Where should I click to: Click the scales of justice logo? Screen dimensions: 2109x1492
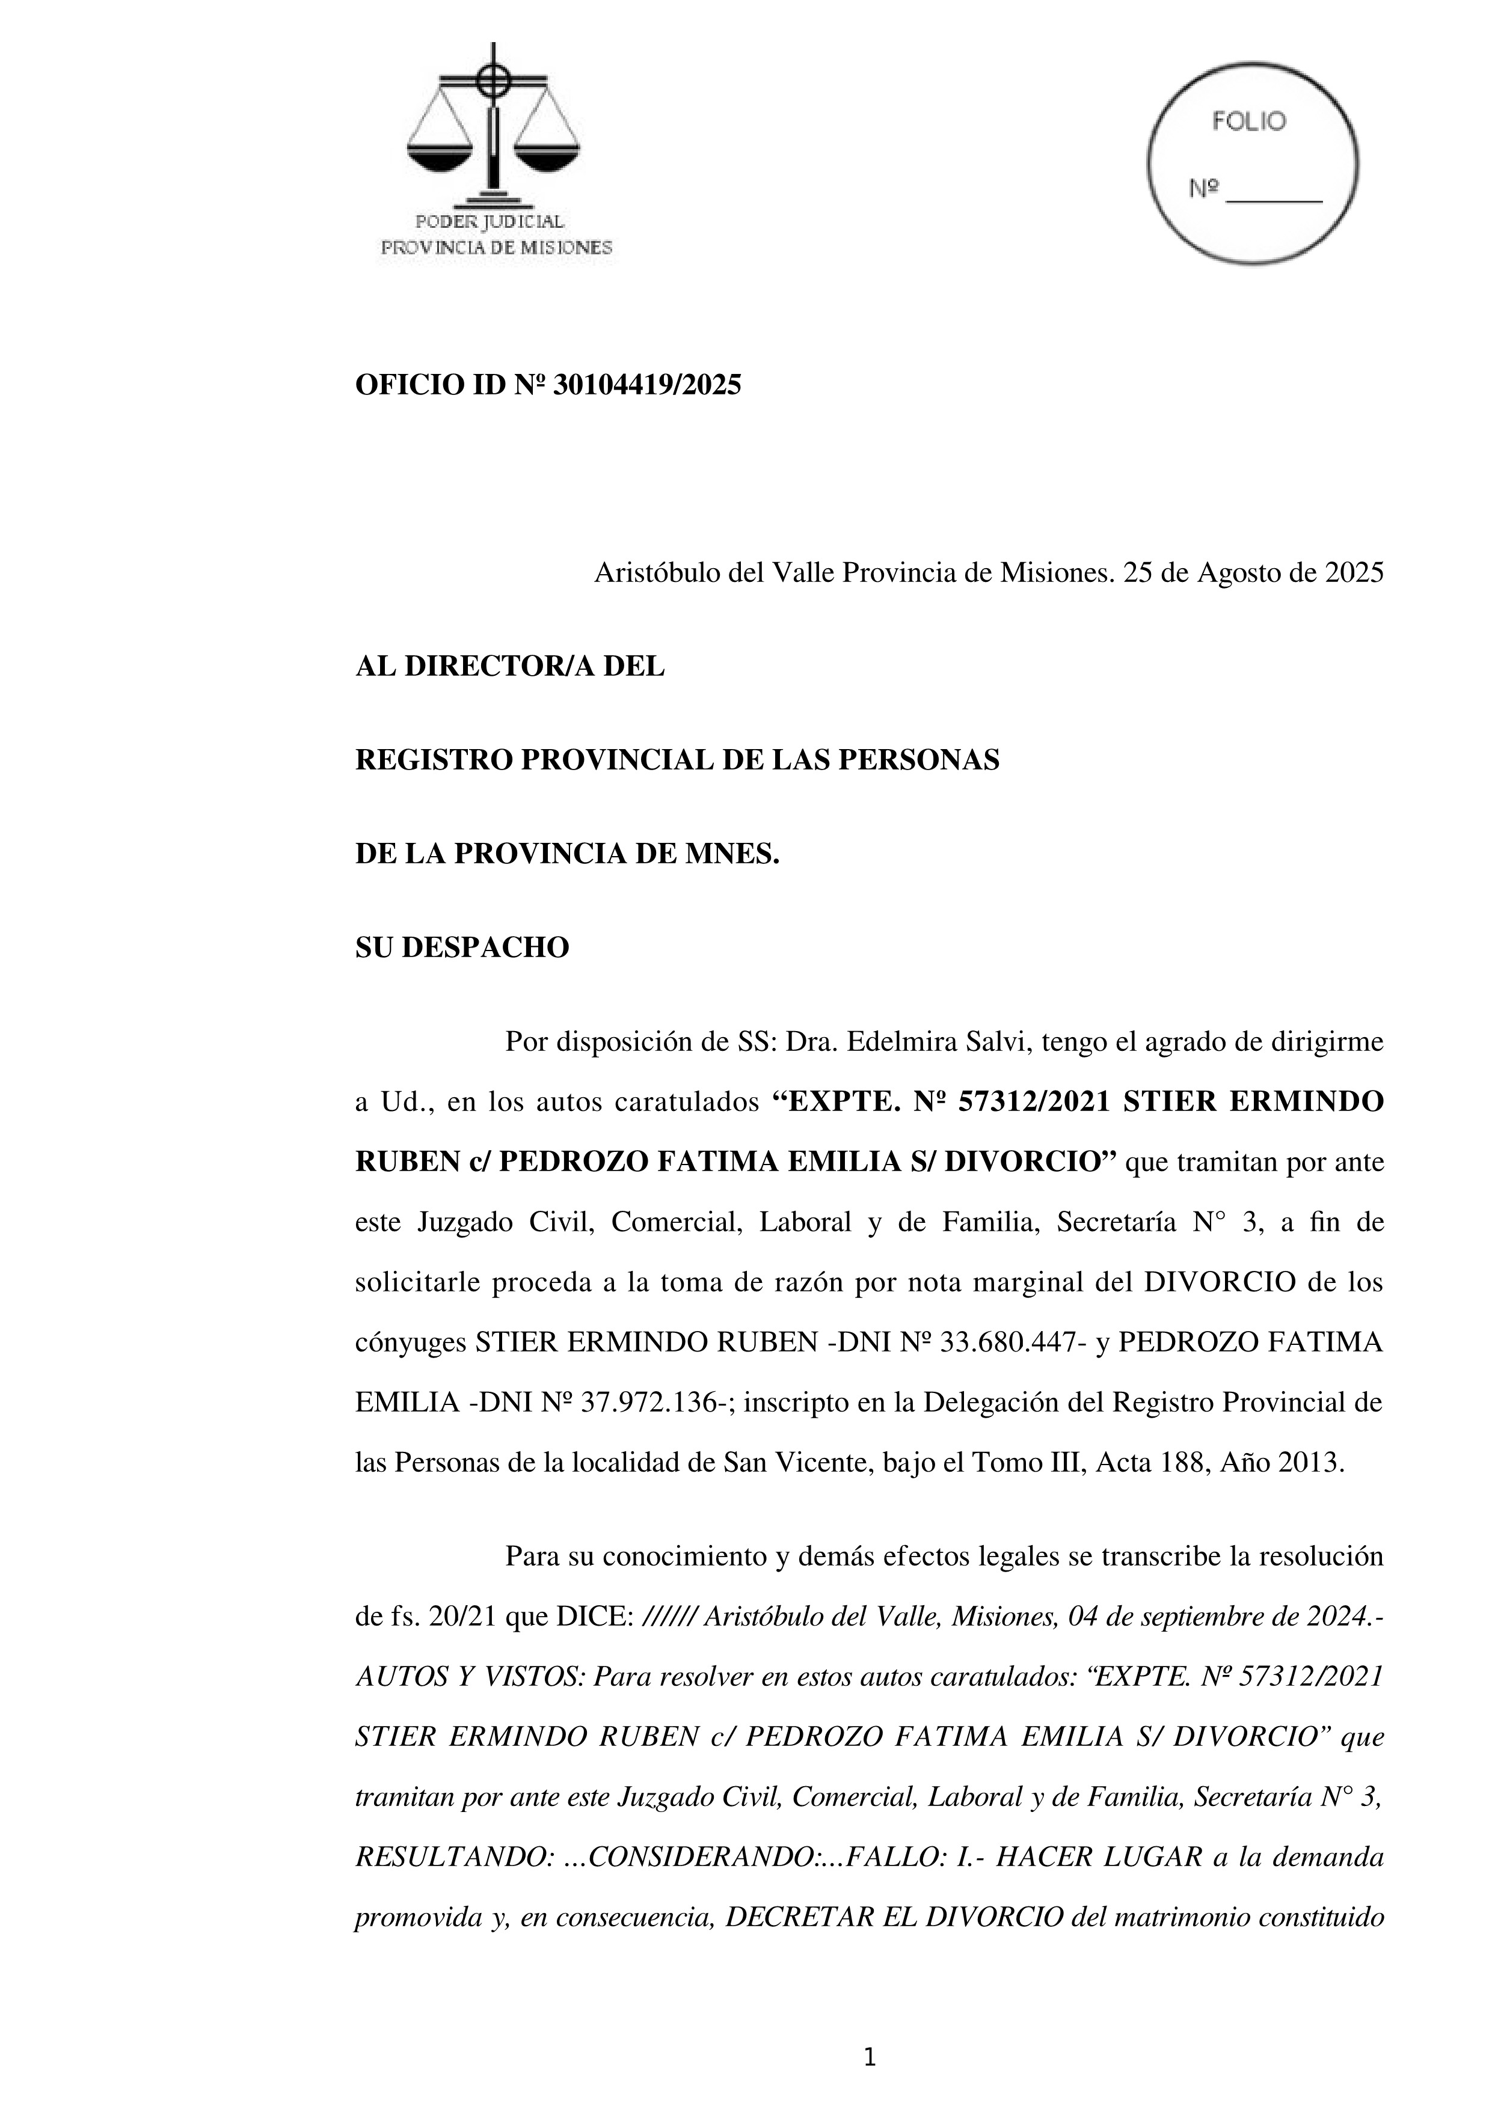(493, 124)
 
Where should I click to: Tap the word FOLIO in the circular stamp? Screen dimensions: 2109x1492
(1248, 121)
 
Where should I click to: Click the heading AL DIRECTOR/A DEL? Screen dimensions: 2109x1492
(510, 667)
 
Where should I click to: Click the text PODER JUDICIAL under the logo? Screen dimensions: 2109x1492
(490, 221)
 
